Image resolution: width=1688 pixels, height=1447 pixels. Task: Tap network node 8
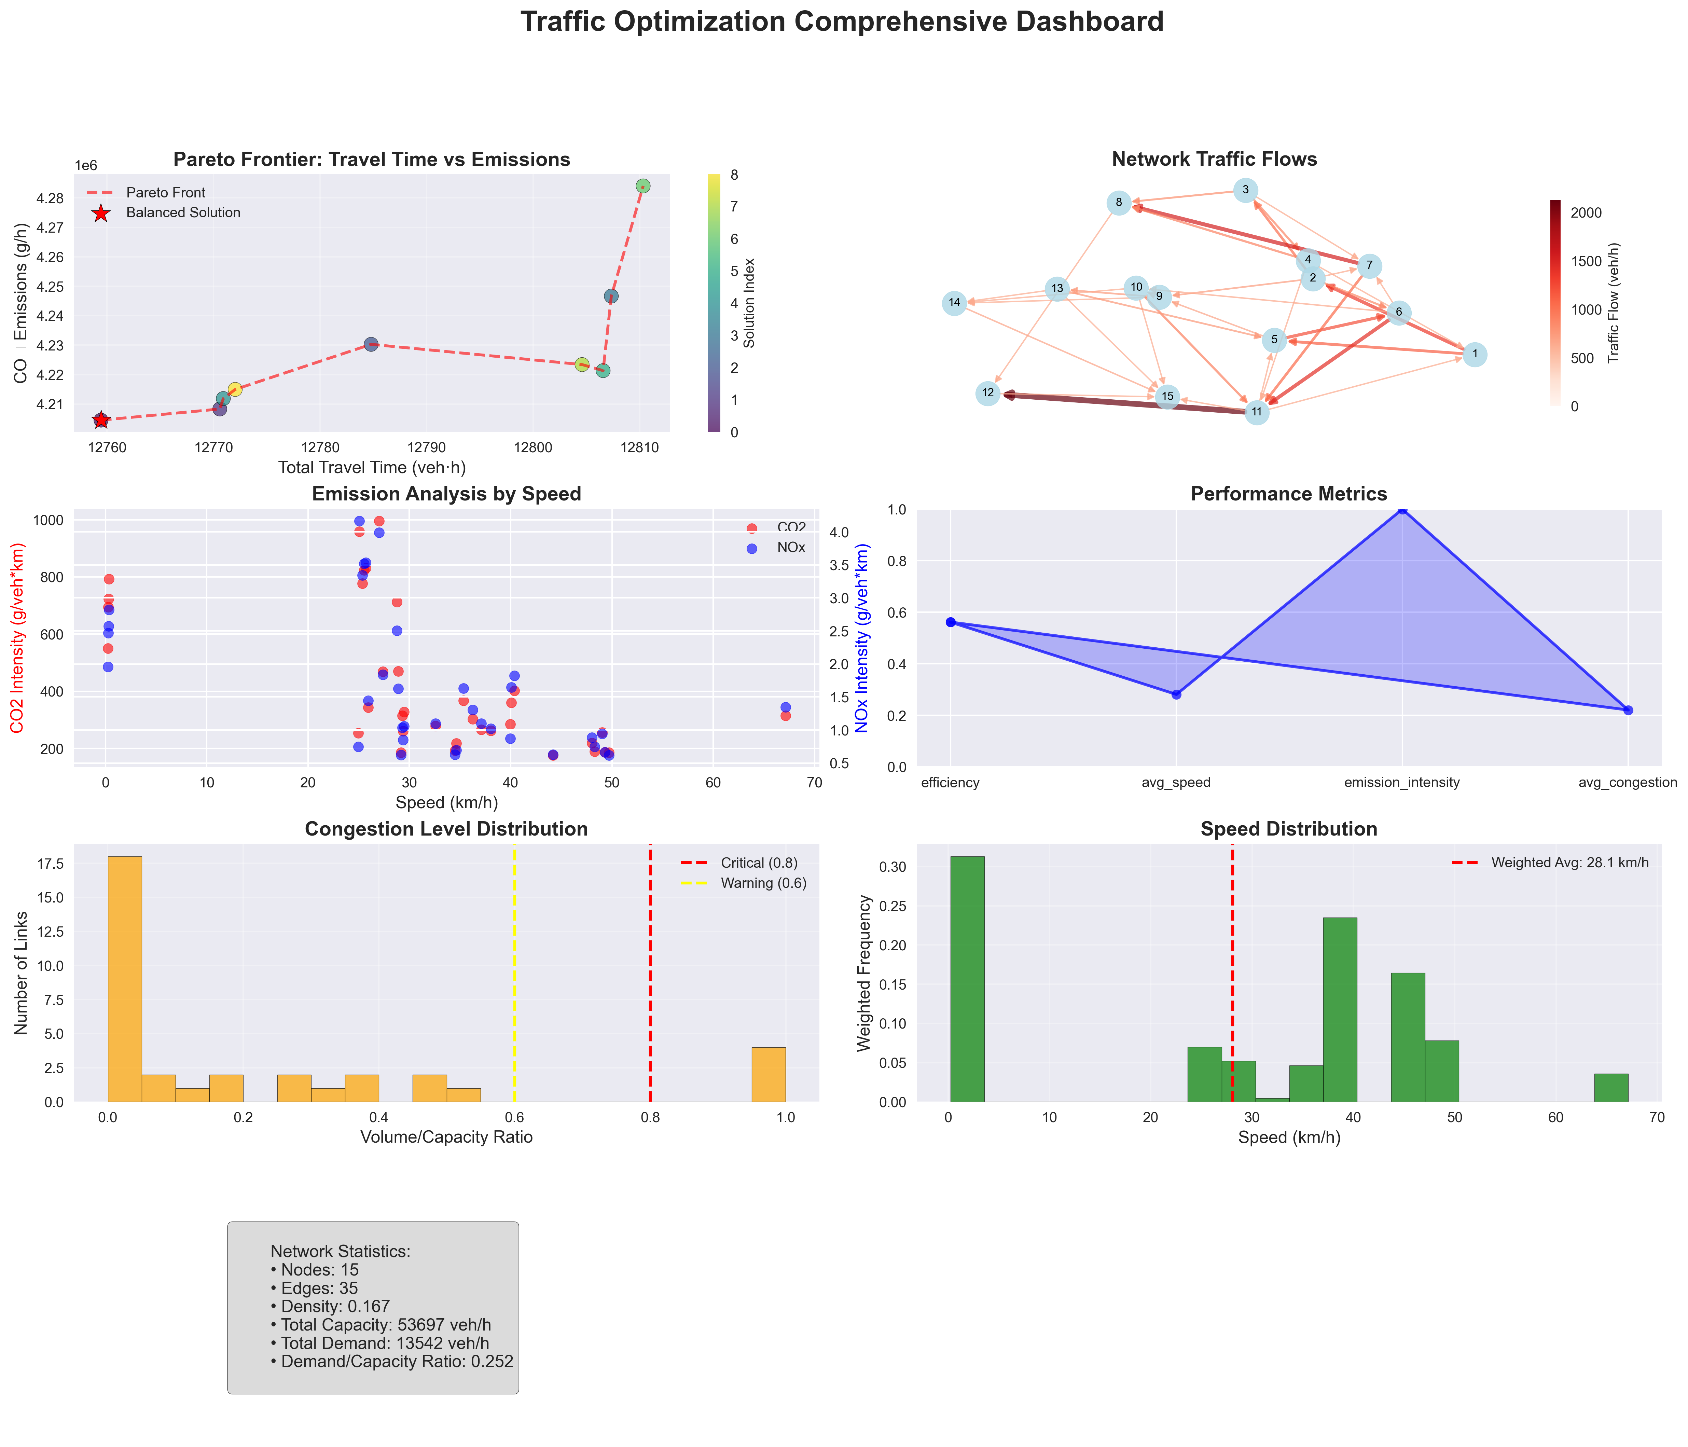(x=1119, y=203)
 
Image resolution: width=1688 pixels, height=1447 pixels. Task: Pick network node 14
(x=954, y=303)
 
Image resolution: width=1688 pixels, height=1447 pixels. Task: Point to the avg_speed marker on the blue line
(x=1176, y=694)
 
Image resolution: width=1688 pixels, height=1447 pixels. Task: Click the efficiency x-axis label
(x=950, y=783)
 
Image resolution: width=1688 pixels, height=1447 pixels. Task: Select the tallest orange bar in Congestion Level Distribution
(x=125, y=978)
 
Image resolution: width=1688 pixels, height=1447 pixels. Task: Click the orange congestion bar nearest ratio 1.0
(x=768, y=1074)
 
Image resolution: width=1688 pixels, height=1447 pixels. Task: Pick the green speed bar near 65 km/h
(x=1610, y=1088)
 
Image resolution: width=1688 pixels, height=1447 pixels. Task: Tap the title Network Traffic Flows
(x=1214, y=160)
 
